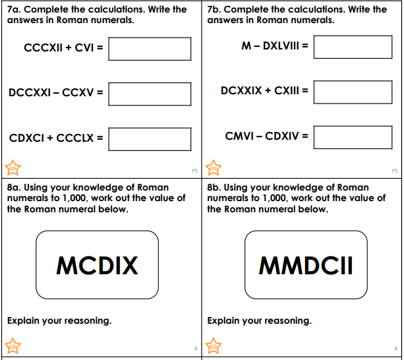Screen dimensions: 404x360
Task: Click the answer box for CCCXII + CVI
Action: point(150,49)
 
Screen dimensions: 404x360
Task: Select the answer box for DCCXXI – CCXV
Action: point(150,94)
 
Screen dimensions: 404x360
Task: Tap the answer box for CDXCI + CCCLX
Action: point(150,139)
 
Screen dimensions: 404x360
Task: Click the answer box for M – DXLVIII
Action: point(353,47)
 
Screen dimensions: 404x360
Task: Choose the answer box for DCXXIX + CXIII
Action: point(353,92)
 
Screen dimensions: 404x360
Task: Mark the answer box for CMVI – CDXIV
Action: point(353,137)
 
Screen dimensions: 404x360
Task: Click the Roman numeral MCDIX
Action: point(97,266)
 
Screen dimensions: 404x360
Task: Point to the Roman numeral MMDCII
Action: point(306,266)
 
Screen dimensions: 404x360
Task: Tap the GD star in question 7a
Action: point(13,167)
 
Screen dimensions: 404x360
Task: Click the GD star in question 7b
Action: point(214,167)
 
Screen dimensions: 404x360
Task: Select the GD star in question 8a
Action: point(13,346)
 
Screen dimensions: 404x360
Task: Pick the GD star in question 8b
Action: point(214,346)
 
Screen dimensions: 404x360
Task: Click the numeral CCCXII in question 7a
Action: point(43,47)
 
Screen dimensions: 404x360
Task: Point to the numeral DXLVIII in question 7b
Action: point(281,46)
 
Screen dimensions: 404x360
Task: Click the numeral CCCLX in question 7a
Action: point(74,138)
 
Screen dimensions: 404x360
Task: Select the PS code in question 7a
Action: point(195,171)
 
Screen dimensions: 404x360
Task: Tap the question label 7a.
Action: point(14,9)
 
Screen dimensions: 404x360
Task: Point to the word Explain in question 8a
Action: point(24,321)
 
